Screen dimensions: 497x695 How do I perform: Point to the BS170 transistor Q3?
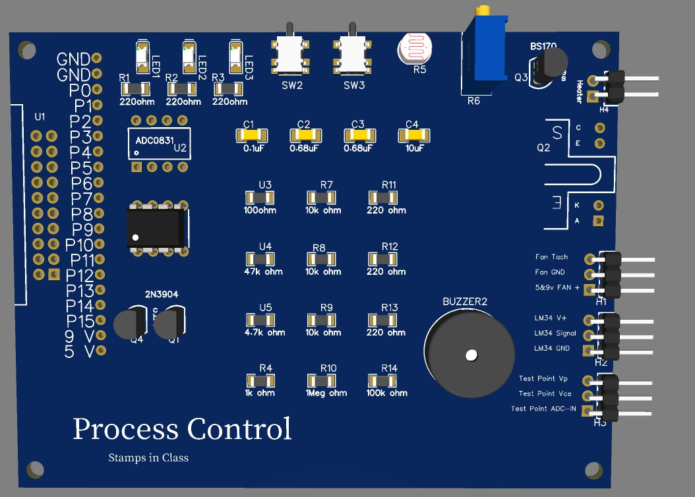point(549,67)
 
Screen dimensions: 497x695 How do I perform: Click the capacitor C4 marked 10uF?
point(412,135)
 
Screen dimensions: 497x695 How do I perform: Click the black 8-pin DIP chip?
point(156,227)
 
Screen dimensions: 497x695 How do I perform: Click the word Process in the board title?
point(125,429)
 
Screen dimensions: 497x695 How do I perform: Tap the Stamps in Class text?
point(148,457)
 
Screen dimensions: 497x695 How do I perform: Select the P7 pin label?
point(82,198)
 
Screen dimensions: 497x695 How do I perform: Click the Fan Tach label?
point(551,257)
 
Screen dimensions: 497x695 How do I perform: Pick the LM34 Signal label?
point(555,333)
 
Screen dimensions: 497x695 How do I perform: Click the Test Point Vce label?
point(545,394)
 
